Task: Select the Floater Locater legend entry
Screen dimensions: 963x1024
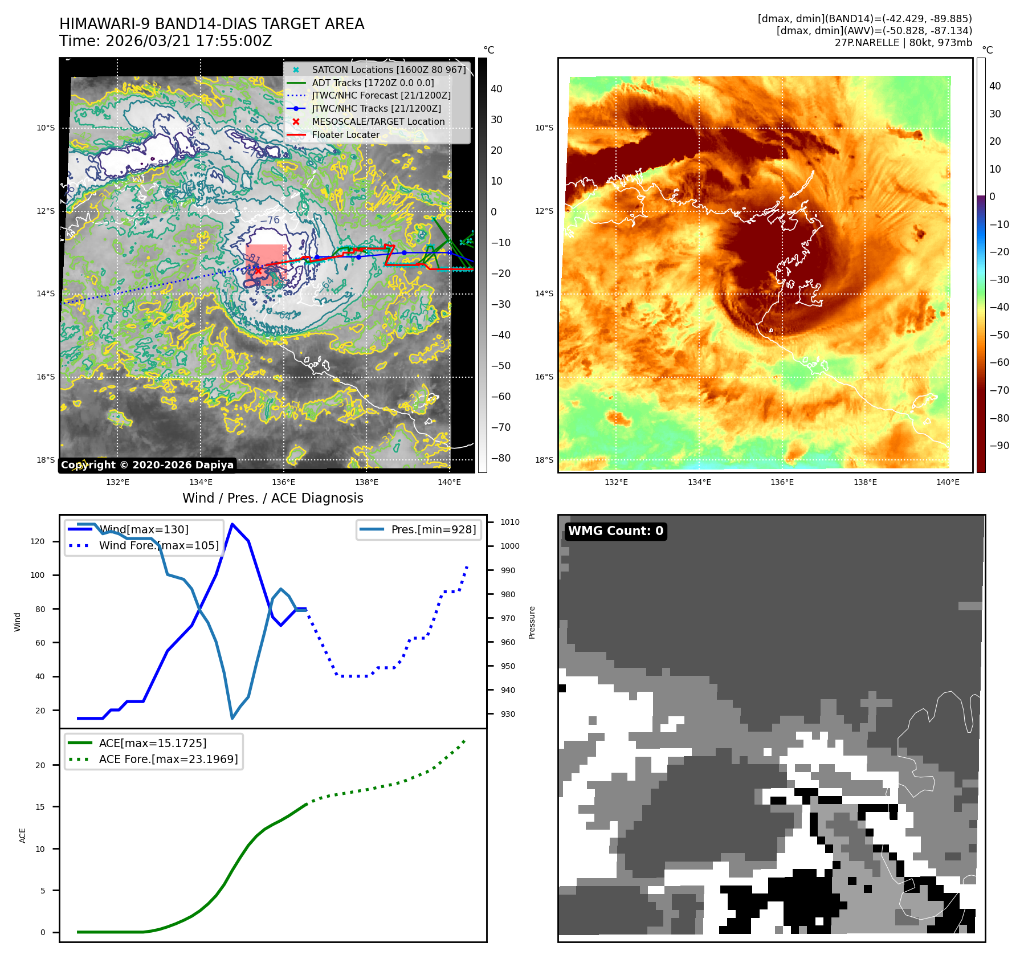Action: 345,135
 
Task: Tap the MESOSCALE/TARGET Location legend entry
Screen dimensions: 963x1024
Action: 378,122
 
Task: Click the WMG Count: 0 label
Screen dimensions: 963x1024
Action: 615,531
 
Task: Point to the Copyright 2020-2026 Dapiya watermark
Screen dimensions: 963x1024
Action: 147,465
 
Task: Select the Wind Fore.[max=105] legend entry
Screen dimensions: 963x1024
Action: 158,545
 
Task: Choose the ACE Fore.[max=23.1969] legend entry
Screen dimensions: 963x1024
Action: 168,759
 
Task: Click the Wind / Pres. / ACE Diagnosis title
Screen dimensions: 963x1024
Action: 272,498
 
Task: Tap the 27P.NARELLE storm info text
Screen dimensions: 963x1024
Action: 903,43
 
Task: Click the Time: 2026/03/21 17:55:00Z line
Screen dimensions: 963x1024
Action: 165,41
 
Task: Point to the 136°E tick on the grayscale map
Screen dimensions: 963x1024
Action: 283,482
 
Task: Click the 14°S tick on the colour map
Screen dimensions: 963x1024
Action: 544,293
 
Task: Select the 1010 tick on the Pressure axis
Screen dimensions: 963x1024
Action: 509,522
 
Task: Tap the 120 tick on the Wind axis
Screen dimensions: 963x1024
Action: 38,541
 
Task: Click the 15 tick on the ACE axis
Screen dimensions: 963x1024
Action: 40,807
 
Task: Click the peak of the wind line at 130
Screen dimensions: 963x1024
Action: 232,524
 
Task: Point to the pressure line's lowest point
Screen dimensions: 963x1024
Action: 232,718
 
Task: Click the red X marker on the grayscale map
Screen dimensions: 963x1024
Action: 258,271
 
